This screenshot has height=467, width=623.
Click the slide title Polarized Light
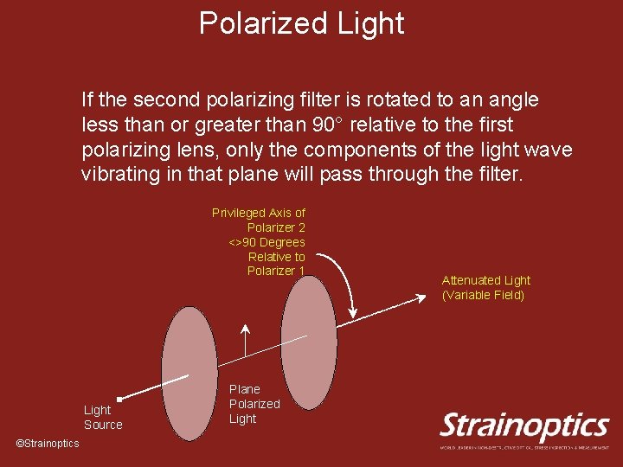point(301,23)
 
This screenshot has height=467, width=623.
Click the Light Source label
point(103,417)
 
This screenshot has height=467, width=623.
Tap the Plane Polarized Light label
point(254,404)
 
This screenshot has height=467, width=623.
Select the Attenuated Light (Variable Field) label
point(485,287)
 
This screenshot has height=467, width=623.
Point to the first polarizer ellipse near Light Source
point(189,374)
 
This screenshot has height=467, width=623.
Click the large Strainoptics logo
point(524,426)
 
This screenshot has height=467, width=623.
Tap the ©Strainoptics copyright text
point(48,444)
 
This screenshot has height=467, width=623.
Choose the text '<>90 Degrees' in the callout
point(267,242)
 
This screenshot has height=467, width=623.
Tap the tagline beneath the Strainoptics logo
point(524,447)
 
